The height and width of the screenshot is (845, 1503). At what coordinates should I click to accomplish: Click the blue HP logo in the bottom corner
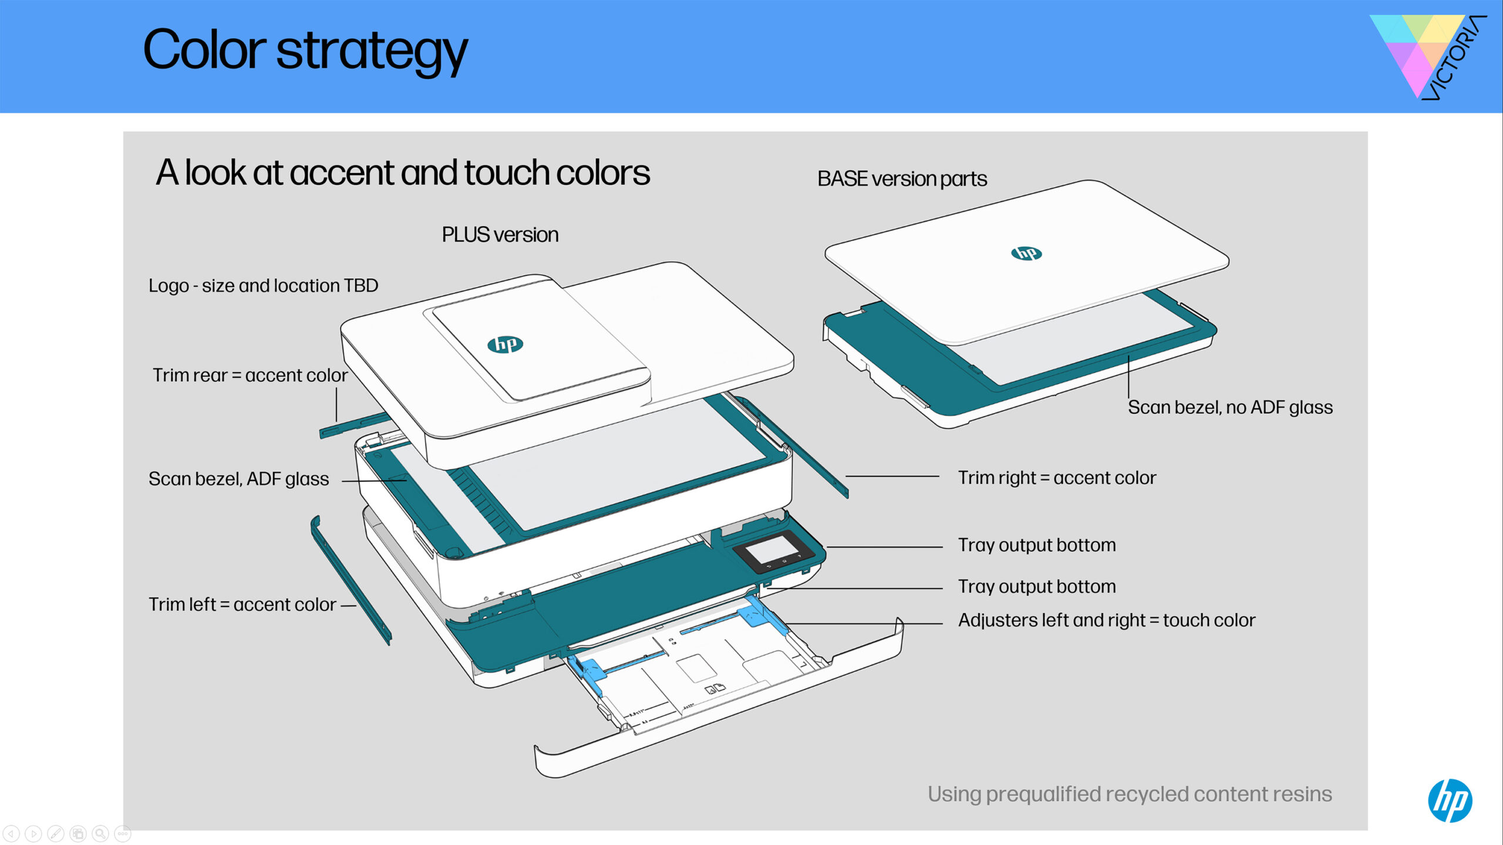point(1450,800)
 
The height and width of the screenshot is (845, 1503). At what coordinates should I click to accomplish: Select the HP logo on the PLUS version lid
point(505,344)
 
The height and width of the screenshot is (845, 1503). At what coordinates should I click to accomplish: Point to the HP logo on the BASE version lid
point(1026,253)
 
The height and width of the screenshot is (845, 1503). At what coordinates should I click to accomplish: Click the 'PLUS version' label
point(500,235)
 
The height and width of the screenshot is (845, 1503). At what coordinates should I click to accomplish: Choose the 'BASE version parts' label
point(902,179)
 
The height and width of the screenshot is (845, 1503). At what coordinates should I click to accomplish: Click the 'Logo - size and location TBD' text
point(263,286)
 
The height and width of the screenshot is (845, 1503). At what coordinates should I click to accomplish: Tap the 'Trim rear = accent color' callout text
point(250,375)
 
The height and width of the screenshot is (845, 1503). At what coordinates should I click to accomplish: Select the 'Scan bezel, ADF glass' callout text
point(238,479)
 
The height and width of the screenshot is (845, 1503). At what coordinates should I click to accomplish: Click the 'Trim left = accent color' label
point(242,604)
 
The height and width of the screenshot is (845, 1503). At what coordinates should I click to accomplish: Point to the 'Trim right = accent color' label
point(1057,478)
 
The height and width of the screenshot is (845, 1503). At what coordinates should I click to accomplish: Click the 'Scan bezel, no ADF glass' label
point(1230,407)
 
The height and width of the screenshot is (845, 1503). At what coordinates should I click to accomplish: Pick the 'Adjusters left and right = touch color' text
point(1107,620)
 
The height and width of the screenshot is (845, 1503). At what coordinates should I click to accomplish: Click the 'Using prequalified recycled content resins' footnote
point(1130,794)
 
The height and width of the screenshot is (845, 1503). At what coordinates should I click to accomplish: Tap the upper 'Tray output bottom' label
point(1037,545)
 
